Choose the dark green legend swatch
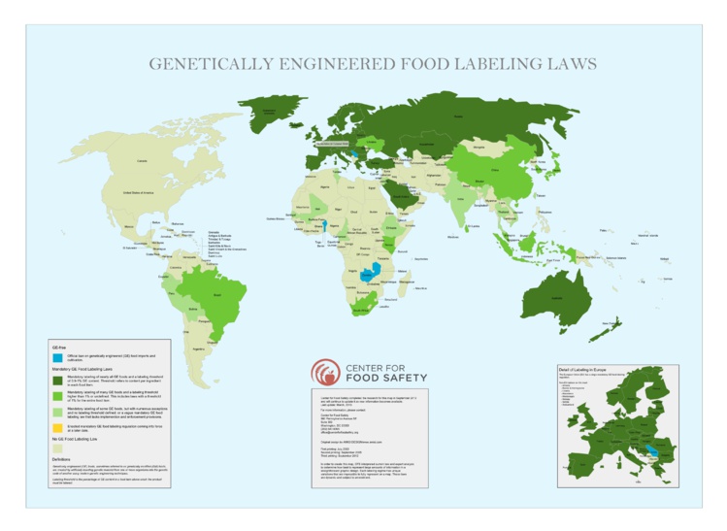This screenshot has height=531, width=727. (x=57, y=380)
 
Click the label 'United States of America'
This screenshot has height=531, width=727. (x=138, y=194)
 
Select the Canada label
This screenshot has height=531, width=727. (x=143, y=159)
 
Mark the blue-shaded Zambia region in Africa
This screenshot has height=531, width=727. (x=370, y=274)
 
